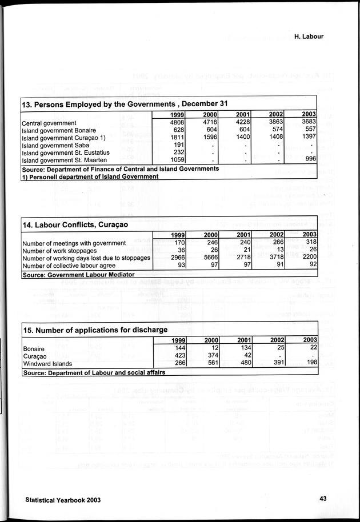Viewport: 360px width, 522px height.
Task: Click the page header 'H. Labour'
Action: tap(309, 37)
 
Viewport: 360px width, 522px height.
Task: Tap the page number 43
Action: tap(323, 499)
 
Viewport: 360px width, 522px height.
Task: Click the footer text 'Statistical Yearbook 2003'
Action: tap(63, 499)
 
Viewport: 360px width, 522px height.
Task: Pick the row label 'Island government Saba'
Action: tap(57, 146)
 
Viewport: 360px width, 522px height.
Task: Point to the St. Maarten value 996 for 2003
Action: tap(310, 161)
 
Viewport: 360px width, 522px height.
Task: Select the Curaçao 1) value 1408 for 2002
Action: tap(275, 138)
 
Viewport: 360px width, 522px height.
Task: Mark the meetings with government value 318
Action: tap(310, 243)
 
